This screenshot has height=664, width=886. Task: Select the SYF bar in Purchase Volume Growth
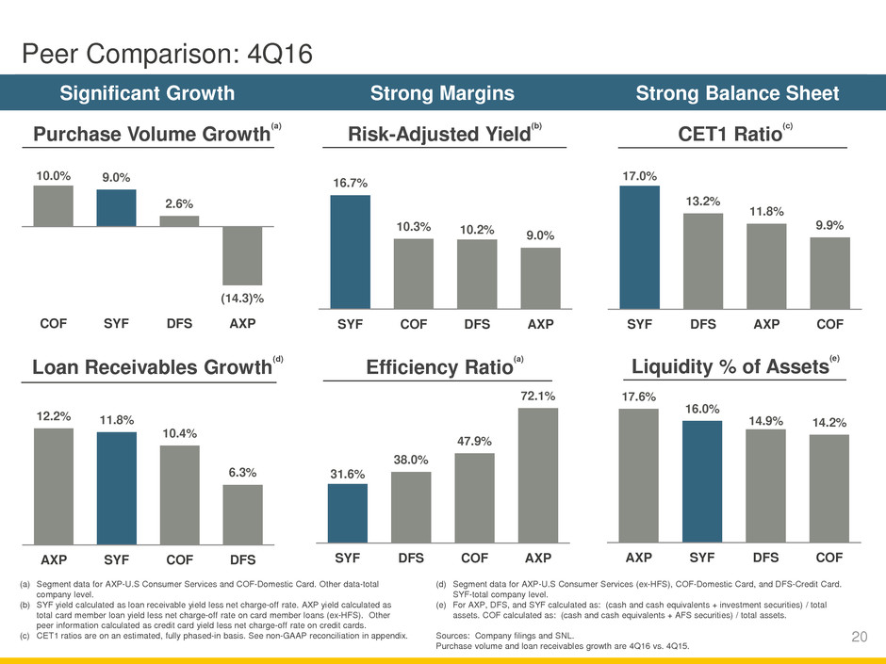tap(116, 208)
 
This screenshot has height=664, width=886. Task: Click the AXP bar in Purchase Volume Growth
tap(242, 255)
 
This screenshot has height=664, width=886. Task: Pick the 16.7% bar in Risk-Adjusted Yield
tap(350, 251)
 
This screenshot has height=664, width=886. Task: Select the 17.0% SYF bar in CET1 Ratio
tap(640, 247)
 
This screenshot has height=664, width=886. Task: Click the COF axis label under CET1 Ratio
tap(829, 324)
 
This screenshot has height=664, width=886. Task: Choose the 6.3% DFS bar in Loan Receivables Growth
tap(242, 514)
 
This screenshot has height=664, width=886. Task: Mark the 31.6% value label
tap(348, 473)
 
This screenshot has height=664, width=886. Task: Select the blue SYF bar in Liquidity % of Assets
tap(702, 481)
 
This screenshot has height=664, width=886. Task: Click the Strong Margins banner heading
tap(443, 93)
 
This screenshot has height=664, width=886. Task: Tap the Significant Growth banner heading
tap(148, 93)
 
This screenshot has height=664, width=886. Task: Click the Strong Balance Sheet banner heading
tap(738, 93)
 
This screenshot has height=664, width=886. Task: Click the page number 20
tap(858, 638)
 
